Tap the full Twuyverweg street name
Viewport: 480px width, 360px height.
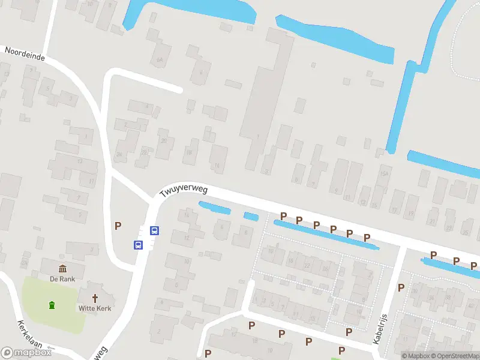[184, 191]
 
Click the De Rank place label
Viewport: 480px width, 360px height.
[62, 278]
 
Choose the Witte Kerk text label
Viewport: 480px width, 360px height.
[95, 308]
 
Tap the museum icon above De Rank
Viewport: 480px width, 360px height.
[62, 268]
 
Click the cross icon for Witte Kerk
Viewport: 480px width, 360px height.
[95, 298]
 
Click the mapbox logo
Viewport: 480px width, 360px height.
[26, 353]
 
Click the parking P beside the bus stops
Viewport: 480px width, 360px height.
[118, 226]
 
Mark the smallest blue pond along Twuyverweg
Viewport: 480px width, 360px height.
[251, 216]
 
